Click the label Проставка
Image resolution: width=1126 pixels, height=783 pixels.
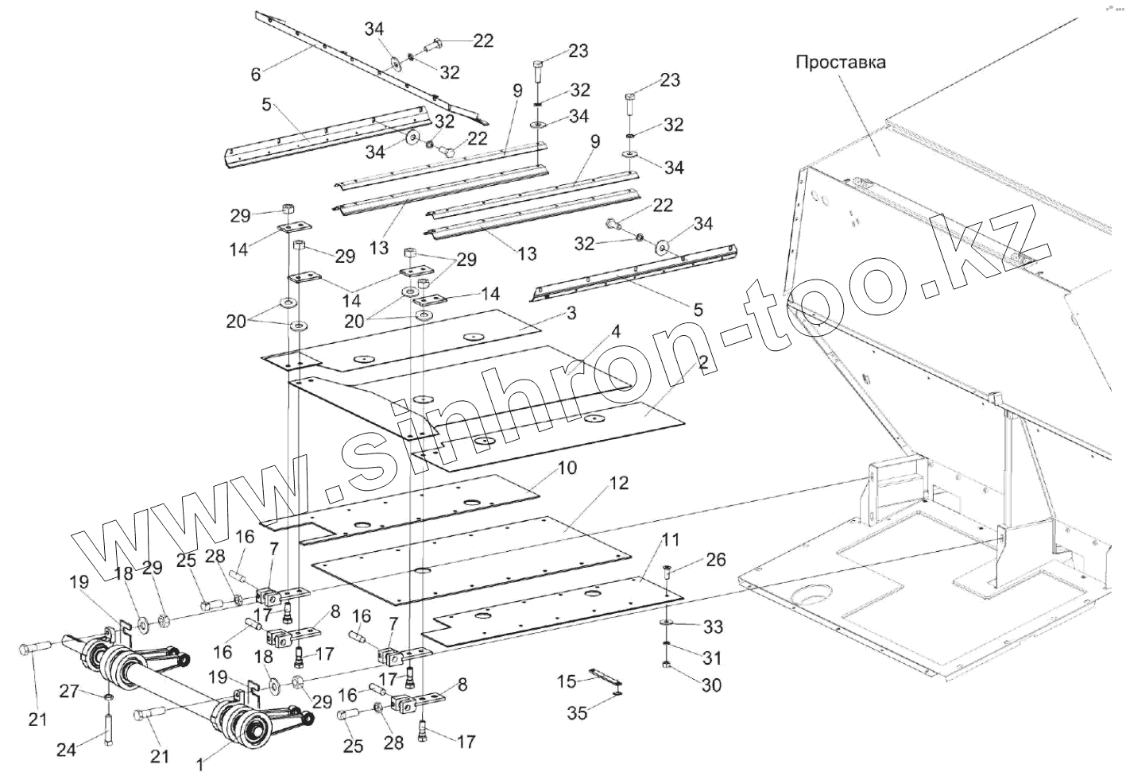point(841,62)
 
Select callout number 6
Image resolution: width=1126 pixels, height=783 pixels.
point(255,74)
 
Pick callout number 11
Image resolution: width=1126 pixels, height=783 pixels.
point(671,540)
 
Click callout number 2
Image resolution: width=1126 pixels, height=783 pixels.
point(702,364)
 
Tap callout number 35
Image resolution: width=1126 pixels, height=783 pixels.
point(577,712)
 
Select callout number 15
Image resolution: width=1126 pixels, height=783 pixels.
point(566,681)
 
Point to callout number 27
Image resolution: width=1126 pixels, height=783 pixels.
point(69,691)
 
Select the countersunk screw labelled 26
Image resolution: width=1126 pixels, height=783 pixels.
point(667,569)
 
